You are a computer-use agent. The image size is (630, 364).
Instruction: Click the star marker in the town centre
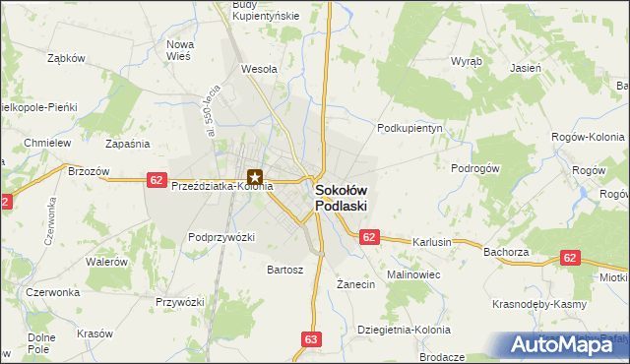255,178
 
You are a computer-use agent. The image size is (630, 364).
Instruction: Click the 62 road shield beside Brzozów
156,179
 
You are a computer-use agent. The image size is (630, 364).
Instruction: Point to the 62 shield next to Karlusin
369,237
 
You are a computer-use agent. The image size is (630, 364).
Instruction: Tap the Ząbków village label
67,58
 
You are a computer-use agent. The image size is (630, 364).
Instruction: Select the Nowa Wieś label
180,50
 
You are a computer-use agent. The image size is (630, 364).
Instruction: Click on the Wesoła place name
259,70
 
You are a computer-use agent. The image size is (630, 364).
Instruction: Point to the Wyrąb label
466,60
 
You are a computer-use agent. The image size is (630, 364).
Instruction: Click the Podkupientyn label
411,128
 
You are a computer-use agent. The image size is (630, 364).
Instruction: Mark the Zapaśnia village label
127,144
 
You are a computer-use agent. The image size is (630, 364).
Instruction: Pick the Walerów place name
106,262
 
